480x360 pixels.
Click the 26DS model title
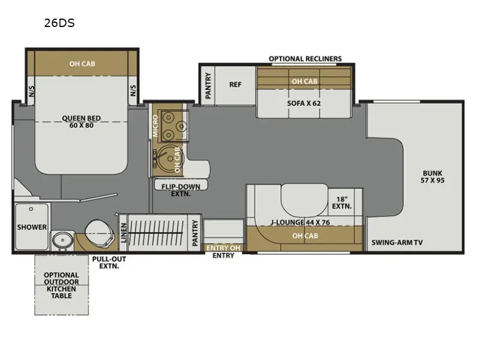pyautogui.click(x=59, y=23)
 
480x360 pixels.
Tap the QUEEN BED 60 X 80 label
pyautogui.click(x=82, y=122)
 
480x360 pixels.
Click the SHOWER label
pyautogui.click(x=32, y=227)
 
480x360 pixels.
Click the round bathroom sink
pyautogui.click(x=62, y=239)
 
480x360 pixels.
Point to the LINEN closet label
pyautogui.click(x=124, y=233)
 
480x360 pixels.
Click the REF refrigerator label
pyautogui.click(x=235, y=85)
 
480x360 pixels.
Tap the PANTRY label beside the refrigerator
pyautogui.click(x=208, y=85)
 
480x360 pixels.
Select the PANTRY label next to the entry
pyautogui.click(x=194, y=233)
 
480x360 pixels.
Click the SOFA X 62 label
pyautogui.click(x=304, y=103)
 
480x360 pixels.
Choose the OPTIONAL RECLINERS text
pyautogui.click(x=305, y=59)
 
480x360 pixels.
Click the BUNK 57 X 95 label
pyautogui.click(x=433, y=176)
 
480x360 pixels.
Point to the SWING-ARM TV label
pyautogui.click(x=397, y=243)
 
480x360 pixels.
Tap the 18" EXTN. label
pyautogui.click(x=341, y=203)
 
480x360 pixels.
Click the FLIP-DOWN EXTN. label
pyautogui.click(x=181, y=190)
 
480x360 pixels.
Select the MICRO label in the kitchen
pyautogui.click(x=155, y=126)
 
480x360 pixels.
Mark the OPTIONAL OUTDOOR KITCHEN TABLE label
pyautogui.click(x=61, y=286)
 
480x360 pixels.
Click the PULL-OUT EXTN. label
pyautogui.click(x=109, y=263)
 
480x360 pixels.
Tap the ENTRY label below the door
pyautogui.click(x=223, y=256)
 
